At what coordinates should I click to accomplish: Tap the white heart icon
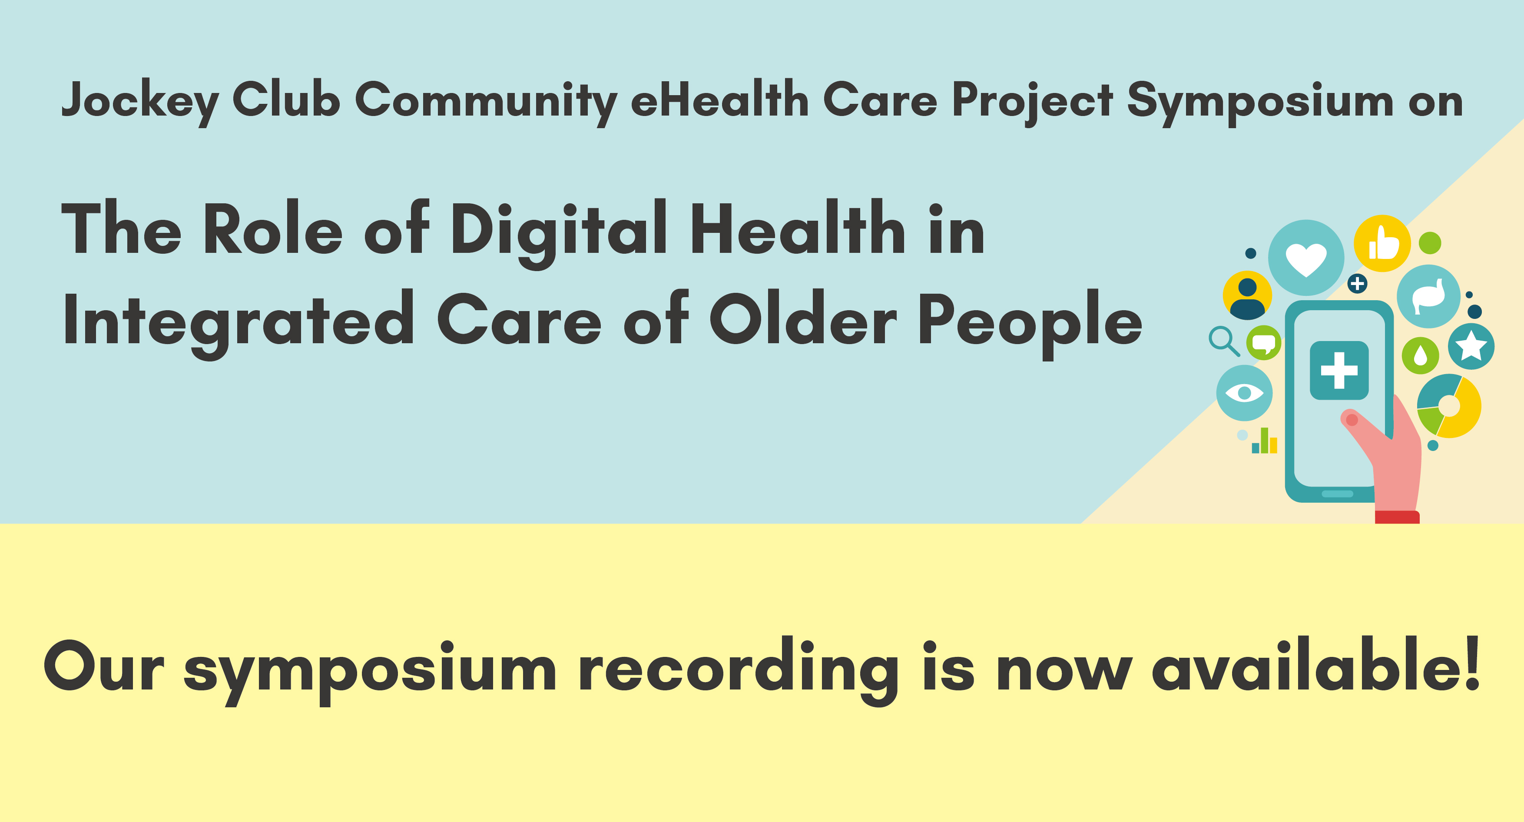point(1306,259)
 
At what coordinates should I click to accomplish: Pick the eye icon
point(1244,392)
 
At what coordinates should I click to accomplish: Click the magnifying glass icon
point(1223,341)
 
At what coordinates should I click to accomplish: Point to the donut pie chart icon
point(1449,406)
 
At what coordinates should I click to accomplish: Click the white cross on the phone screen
point(1339,371)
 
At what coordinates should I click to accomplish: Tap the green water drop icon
point(1421,355)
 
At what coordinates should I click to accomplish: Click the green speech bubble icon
point(1264,343)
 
